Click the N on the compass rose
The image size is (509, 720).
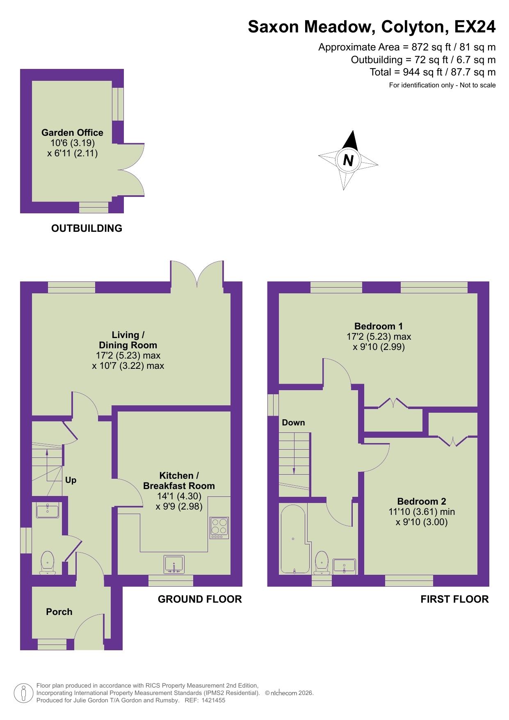[348, 160]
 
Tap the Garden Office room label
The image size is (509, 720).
[72, 133]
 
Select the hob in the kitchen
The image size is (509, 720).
[219, 528]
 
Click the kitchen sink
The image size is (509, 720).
[174, 564]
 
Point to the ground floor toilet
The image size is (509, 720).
[48, 562]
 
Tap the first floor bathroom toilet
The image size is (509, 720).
[322, 562]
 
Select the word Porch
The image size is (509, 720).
[59, 612]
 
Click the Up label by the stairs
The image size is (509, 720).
[71, 480]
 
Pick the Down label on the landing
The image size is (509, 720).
[293, 423]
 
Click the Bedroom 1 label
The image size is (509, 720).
[378, 326]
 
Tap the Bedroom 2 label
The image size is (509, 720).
[421, 501]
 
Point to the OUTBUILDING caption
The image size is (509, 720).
[87, 228]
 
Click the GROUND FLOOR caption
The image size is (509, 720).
[200, 599]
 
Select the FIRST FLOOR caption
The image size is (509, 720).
[454, 599]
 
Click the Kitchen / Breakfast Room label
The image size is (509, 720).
[179, 480]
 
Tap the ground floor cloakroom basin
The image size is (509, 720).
[48, 511]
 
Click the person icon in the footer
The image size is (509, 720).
[24, 693]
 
